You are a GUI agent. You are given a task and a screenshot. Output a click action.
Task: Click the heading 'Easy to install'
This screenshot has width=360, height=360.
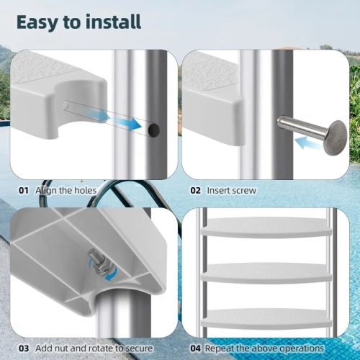[x=79, y=21]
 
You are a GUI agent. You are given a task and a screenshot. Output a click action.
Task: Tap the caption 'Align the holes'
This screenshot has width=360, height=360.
[x=66, y=190]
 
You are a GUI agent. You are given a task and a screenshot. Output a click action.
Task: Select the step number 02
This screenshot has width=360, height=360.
[x=195, y=190]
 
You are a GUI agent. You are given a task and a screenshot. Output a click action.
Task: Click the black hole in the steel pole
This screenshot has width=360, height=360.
[x=153, y=130]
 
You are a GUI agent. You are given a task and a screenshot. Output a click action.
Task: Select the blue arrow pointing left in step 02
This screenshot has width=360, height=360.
[x=311, y=145]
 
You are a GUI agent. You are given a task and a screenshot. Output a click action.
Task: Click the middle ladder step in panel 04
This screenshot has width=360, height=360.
[x=264, y=273]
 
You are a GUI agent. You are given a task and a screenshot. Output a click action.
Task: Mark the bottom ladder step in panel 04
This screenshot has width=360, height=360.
[x=264, y=317]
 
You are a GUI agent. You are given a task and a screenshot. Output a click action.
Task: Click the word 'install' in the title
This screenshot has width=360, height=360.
[x=109, y=21]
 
